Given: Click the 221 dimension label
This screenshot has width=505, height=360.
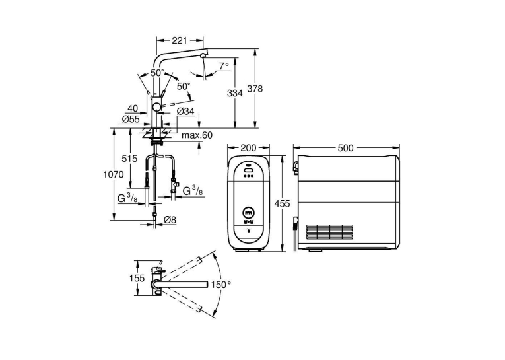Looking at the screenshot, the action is [x=180, y=40].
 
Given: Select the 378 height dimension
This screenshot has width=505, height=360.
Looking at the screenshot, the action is [x=255, y=89].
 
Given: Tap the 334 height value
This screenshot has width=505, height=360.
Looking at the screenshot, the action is [x=235, y=93].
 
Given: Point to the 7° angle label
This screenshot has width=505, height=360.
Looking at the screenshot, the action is [x=224, y=66].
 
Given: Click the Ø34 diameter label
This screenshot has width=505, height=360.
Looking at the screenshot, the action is [x=185, y=112].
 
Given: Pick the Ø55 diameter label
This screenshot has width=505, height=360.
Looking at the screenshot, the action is [x=131, y=120].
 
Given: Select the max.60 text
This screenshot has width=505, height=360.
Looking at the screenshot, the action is [x=197, y=135].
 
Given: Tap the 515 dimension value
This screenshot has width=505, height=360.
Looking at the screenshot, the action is [x=129, y=159].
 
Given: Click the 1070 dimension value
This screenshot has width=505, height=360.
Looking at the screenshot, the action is [x=114, y=174].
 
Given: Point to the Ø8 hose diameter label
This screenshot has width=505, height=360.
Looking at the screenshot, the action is [x=170, y=220].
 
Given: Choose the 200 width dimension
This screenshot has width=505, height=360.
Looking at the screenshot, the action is [x=248, y=147].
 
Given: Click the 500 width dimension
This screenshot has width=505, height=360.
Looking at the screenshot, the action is [x=345, y=147].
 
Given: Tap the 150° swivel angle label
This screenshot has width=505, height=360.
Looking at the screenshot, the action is [x=221, y=285].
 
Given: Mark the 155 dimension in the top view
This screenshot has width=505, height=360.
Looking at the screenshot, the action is [x=137, y=278].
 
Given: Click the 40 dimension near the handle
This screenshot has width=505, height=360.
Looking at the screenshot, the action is [x=133, y=108].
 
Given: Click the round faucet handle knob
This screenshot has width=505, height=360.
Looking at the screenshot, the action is [x=157, y=107].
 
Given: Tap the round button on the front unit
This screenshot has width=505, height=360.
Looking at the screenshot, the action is [x=248, y=213].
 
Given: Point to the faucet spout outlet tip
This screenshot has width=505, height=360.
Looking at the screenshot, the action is [x=202, y=55].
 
